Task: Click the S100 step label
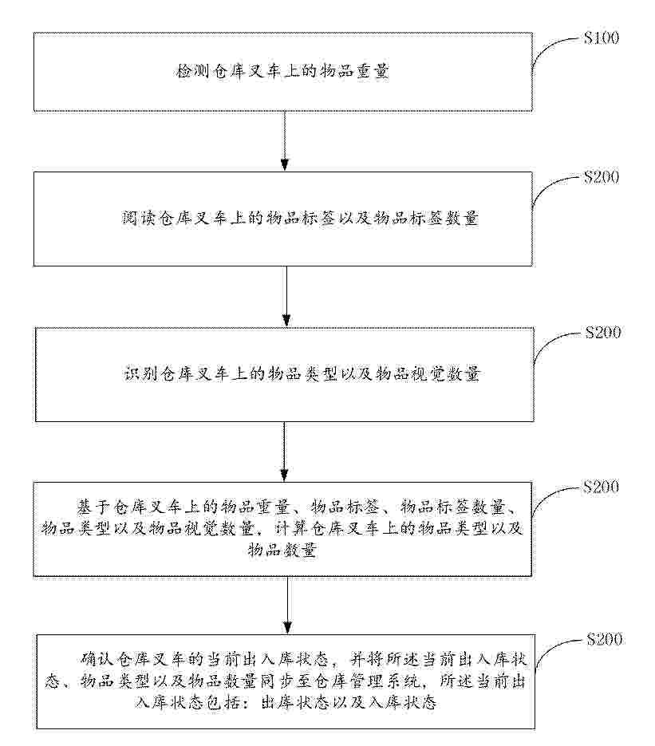point(602,38)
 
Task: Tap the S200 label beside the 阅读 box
point(602,177)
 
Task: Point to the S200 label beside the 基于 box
point(602,487)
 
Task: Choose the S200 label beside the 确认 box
point(604,639)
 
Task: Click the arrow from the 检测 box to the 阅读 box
point(285,140)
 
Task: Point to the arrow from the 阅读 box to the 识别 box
point(285,295)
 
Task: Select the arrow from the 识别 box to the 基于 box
point(285,451)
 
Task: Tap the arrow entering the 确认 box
point(285,605)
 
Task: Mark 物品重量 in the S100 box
point(359,72)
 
